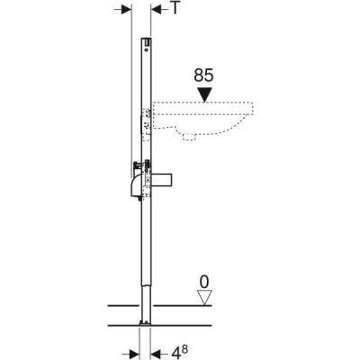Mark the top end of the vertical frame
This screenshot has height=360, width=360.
[145, 40]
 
